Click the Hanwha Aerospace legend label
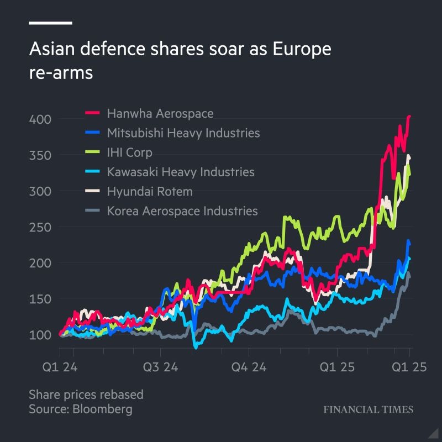pos(160,114)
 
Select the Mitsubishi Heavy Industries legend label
pos(183,133)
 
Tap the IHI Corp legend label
pos(129,152)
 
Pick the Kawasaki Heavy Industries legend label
pos(181,172)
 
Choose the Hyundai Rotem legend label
pos(150,192)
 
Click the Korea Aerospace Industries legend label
pos(182,211)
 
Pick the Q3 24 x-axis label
pos(161,367)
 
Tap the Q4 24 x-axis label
pos(249,367)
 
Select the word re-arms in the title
pos(61,72)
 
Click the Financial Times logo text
pos(368,410)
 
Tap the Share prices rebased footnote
pos(86,394)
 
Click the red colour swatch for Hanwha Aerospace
pos(92,114)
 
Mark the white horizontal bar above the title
pos(50,23)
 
